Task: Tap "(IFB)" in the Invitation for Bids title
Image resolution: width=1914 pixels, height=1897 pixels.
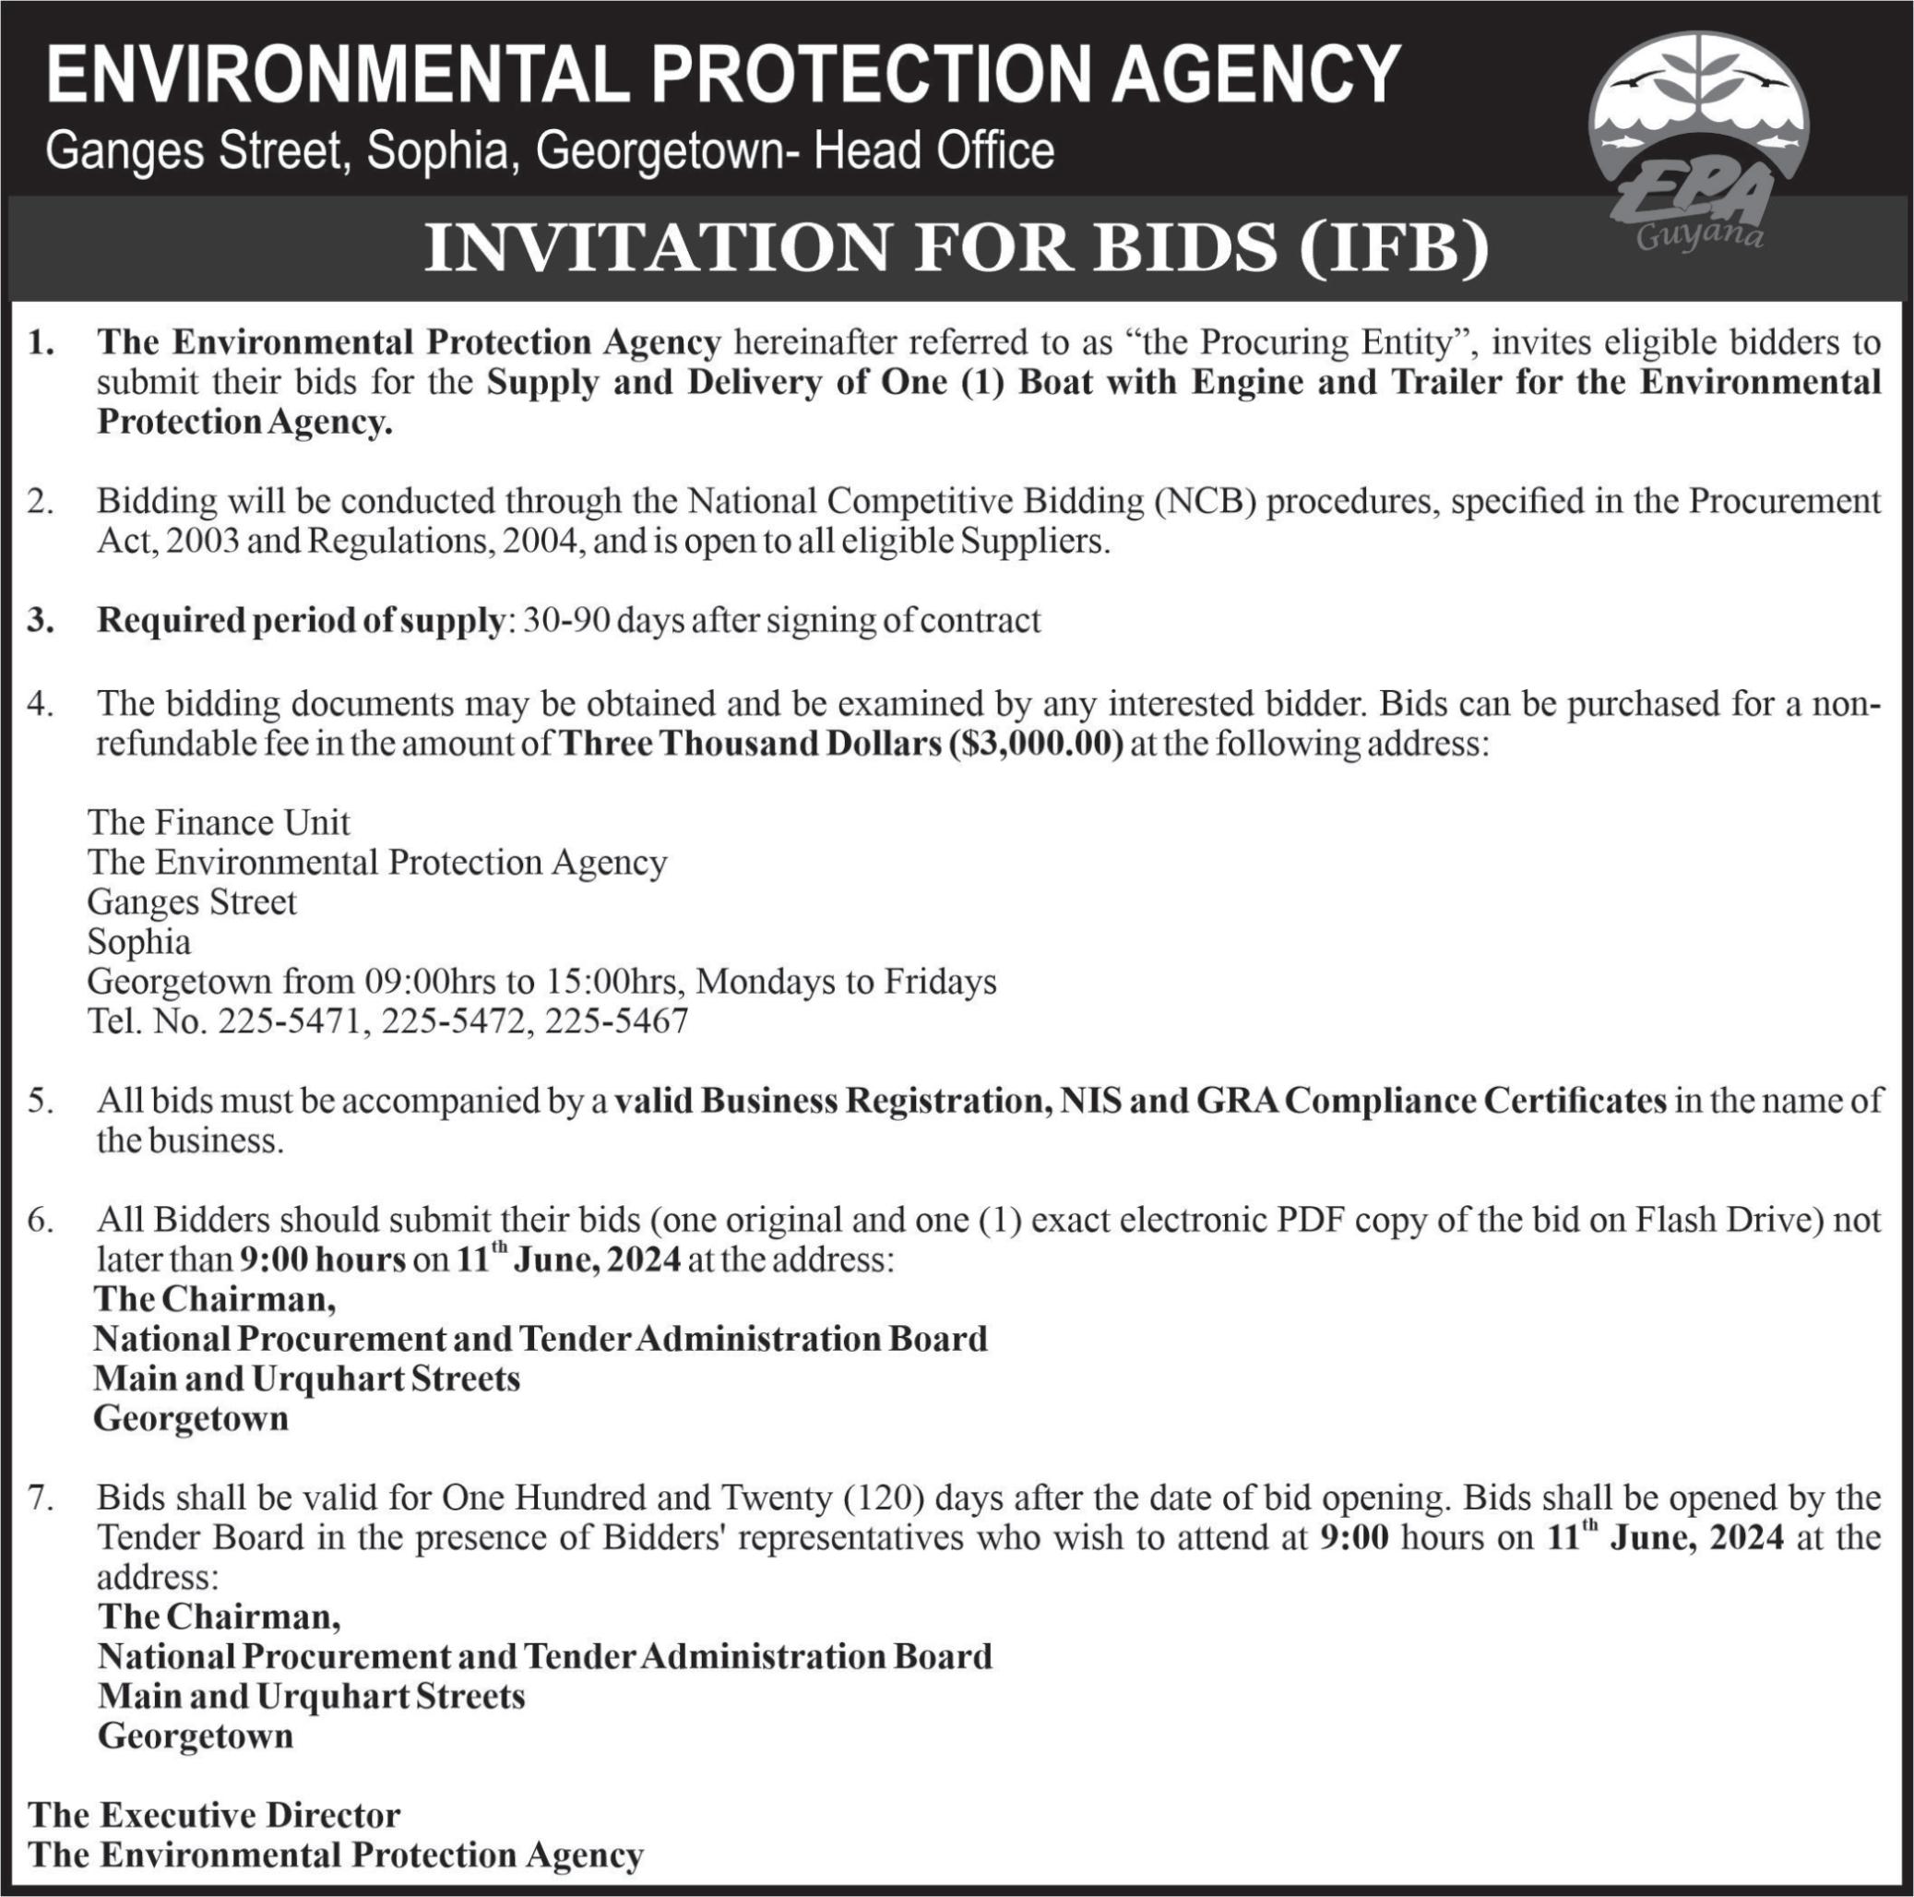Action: point(1394,248)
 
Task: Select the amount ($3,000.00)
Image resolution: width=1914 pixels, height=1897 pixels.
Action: point(1036,744)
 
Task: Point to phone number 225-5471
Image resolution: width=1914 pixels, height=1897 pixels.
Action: point(291,1020)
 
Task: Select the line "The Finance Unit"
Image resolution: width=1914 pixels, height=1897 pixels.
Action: point(219,823)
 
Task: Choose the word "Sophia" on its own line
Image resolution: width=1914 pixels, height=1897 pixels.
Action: point(138,941)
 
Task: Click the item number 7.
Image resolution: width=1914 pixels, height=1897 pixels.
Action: point(40,1497)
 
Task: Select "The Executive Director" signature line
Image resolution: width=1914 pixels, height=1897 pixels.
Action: point(214,1815)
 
